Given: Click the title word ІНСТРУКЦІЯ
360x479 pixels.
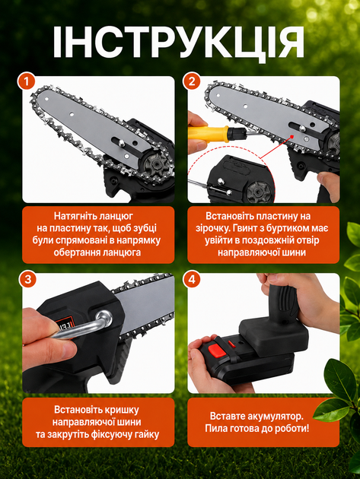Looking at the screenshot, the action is pyautogui.click(x=179, y=43).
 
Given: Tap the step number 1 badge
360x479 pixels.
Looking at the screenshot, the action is pyautogui.click(x=27, y=81).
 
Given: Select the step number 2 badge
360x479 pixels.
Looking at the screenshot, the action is pyautogui.click(x=192, y=81).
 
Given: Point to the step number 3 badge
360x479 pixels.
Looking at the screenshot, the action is pyautogui.click(x=27, y=279).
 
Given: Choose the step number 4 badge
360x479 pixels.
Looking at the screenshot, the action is pyautogui.click(x=192, y=279).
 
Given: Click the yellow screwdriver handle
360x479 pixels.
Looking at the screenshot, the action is pyautogui.click(x=208, y=134).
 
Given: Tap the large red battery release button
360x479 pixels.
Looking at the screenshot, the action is pyautogui.click(x=217, y=350).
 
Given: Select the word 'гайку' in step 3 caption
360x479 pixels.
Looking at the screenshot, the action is pyautogui.click(x=145, y=434).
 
